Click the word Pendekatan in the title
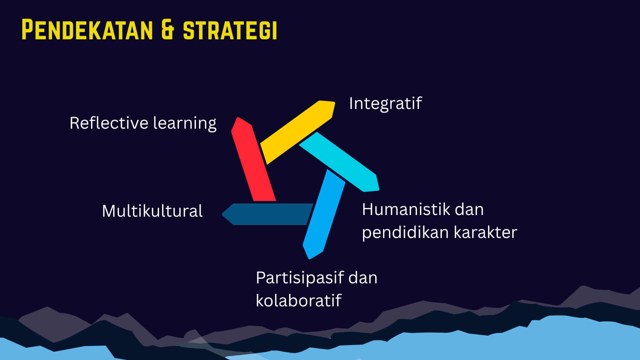[87, 30]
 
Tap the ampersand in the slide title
[168, 30]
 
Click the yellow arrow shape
[298, 132]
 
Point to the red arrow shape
[253, 159]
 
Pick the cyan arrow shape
[339, 162]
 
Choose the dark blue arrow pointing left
[268, 214]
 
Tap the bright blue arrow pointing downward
[324, 214]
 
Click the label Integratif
[385, 103]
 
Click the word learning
[185, 123]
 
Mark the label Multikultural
[152, 211]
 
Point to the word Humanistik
[406, 209]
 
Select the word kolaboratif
[299, 300]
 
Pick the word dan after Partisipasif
[363, 278]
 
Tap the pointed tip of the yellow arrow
[334, 102]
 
